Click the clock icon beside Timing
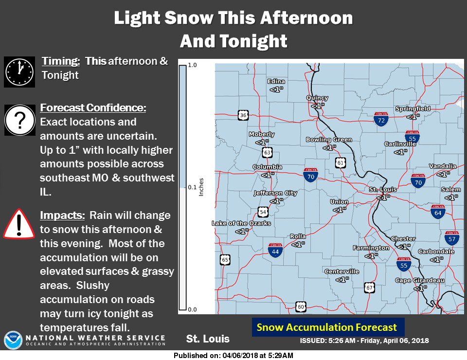click(19, 72)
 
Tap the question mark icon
click(19, 120)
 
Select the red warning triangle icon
click(19, 223)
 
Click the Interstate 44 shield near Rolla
click(275, 250)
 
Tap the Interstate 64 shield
click(438, 212)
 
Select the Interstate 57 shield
click(452, 238)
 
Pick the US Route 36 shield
click(243, 115)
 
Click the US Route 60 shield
click(301, 306)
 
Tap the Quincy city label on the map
click(317, 98)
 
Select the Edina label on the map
click(277, 82)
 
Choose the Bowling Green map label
click(329, 140)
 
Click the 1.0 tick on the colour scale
click(192, 65)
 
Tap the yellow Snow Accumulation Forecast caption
click(327, 327)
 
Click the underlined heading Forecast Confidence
click(93, 108)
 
